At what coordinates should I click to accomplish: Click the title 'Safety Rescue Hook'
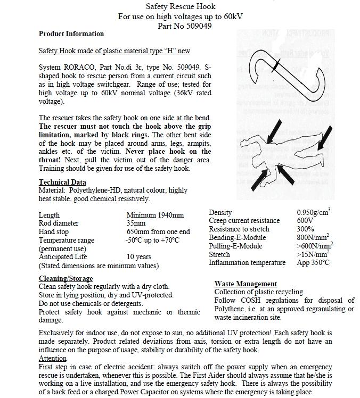(180, 7)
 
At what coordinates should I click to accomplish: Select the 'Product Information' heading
(71, 34)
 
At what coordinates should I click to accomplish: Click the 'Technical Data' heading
(62, 182)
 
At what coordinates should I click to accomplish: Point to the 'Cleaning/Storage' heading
(66, 278)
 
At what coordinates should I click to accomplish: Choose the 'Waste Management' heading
(246, 284)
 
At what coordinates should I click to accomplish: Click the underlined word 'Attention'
(53, 359)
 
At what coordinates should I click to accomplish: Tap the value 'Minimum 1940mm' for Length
(155, 215)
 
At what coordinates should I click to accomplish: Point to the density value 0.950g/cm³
(313, 212)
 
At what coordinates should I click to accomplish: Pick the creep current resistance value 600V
(305, 221)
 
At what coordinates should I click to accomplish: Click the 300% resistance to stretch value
(305, 229)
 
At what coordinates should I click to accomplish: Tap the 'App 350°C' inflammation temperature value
(313, 262)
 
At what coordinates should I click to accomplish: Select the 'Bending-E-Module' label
(237, 237)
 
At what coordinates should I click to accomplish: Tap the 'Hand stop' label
(54, 231)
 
